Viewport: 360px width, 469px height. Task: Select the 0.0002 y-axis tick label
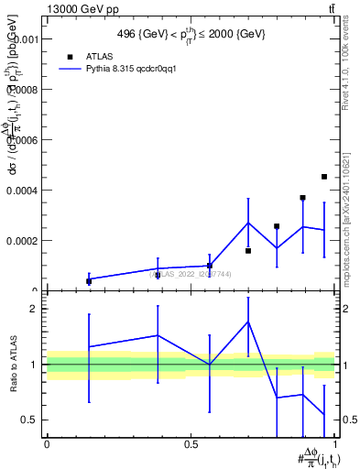(x=24, y=241)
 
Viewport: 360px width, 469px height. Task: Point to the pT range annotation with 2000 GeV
(x=191, y=34)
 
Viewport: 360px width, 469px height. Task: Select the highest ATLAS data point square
(x=324, y=177)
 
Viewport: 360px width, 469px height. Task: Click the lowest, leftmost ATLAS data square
(x=89, y=281)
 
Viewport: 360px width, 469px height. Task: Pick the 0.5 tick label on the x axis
(x=191, y=443)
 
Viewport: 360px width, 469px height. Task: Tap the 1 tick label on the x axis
(x=335, y=443)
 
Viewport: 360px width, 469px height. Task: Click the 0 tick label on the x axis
(x=47, y=443)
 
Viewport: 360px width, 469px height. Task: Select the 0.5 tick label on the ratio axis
(x=29, y=420)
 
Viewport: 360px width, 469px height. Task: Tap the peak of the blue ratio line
(x=248, y=322)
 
